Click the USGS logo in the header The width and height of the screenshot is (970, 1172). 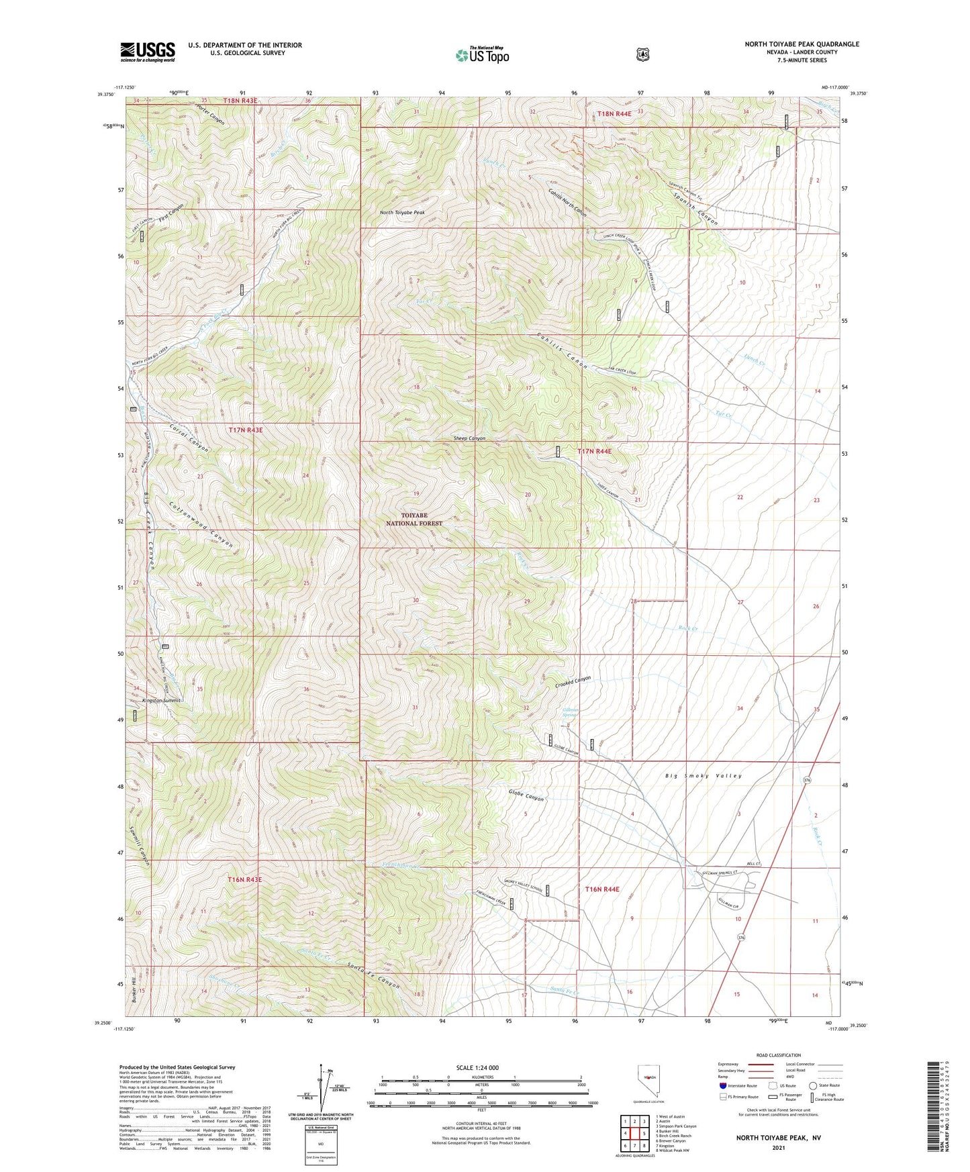148,52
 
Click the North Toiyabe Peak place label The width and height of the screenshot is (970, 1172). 402,212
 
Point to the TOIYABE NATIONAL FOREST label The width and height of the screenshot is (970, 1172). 414,519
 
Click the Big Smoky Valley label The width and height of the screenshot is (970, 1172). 704,776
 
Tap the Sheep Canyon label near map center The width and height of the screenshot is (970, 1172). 469,438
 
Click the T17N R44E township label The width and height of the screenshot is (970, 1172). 594,452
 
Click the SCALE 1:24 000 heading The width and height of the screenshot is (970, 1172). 477,1068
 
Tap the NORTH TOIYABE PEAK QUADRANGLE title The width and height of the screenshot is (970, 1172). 802,44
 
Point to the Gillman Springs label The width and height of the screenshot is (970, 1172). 569,712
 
